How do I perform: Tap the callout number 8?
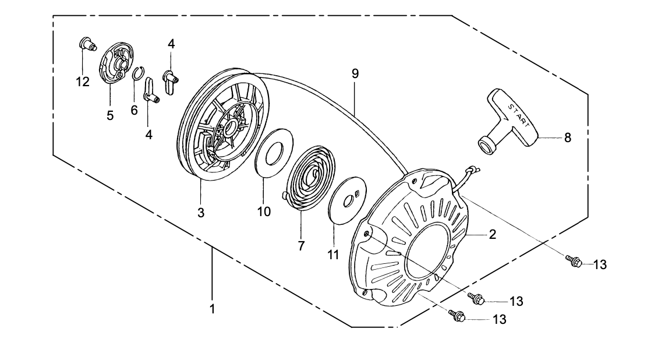coord(567,138)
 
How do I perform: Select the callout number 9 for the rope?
coord(355,74)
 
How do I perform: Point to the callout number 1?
coord(213,309)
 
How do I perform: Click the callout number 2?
coord(492,235)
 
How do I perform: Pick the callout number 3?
coord(201,213)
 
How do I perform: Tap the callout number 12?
coord(83,82)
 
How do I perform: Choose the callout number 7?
coord(301,246)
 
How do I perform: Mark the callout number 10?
coord(264,211)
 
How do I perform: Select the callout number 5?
coord(110,115)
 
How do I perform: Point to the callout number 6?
coord(134,110)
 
